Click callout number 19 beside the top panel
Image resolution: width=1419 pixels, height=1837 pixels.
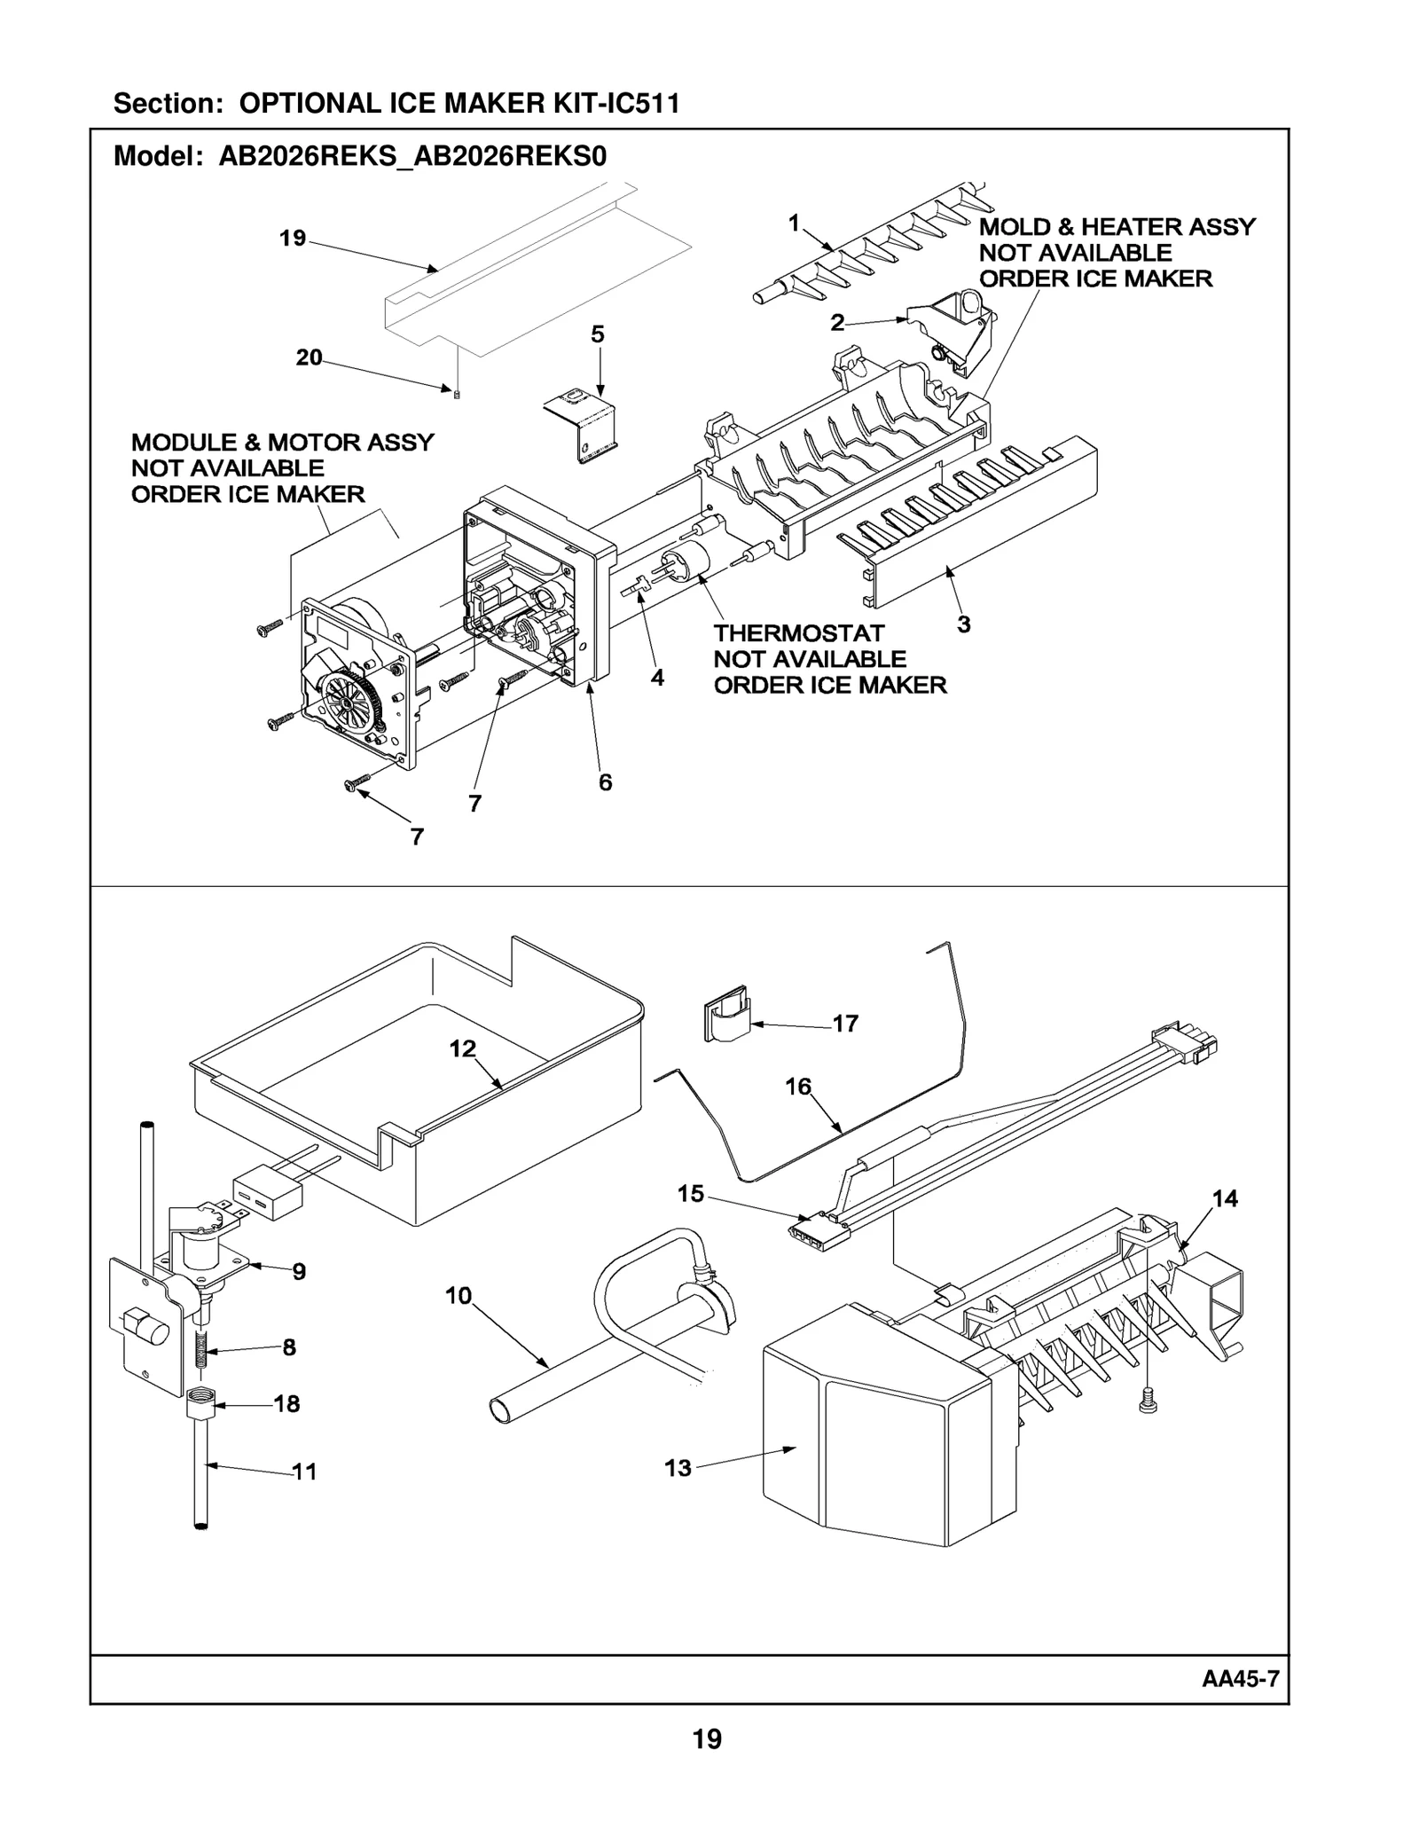pyautogui.click(x=292, y=238)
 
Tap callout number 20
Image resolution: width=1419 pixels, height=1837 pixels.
pyautogui.click(x=309, y=357)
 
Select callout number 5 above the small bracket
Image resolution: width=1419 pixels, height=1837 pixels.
pyautogui.click(x=598, y=334)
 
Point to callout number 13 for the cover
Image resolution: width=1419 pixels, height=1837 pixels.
pyautogui.click(x=678, y=1468)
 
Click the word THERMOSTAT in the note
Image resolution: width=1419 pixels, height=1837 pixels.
pyautogui.click(x=799, y=633)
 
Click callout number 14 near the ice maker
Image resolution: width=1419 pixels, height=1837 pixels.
pyautogui.click(x=1225, y=1198)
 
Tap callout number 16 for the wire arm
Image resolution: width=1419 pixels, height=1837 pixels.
pyautogui.click(x=797, y=1086)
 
